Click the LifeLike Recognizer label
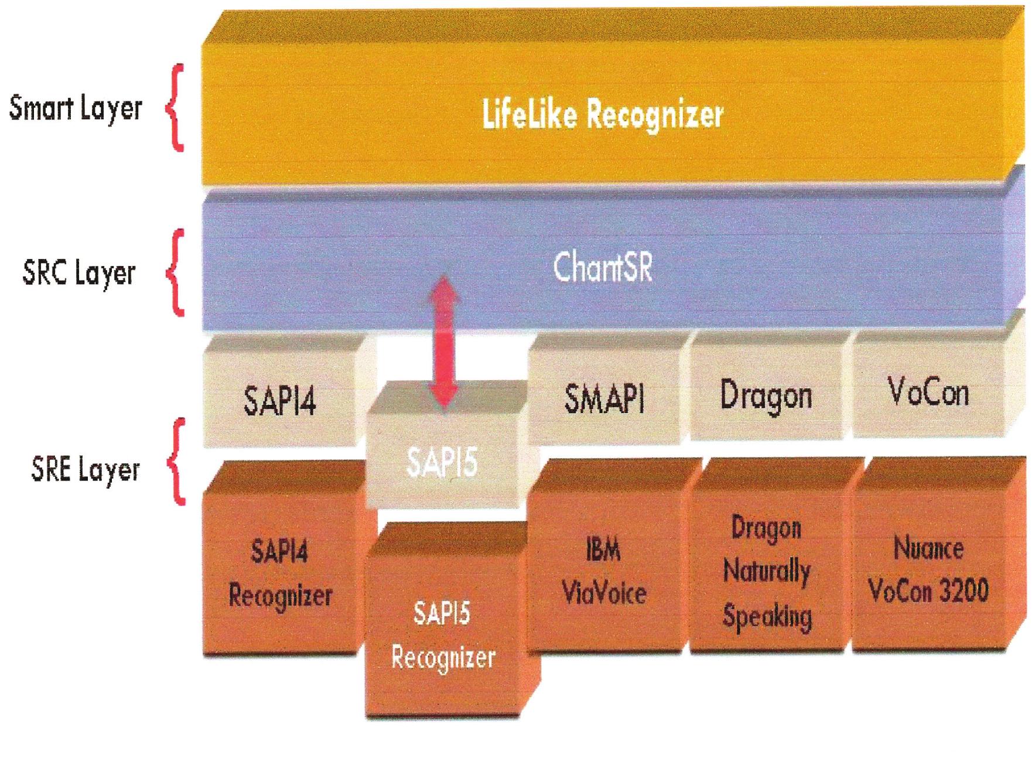click(x=602, y=114)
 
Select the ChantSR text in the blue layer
click(x=602, y=269)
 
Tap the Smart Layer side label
click(x=76, y=108)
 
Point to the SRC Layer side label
click(x=79, y=273)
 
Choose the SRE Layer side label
click(x=86, y=470)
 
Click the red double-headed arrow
click(x=443, y=342)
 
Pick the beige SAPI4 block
click(x=280, y=402)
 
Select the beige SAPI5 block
click(x=442, y=463)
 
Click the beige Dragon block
click(x=766, y=396)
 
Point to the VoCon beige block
click(x=928, y=393)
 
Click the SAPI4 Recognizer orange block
click(x=280, y=574)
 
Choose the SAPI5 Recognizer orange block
click(x=443, y=636)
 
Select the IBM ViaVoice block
click(x=604, y=571)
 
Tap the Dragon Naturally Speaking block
click(x=767, y=572)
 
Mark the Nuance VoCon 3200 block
click(x=929, y=569)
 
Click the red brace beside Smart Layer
click(x=175, y=108)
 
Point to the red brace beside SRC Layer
click(x=175, y=273)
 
